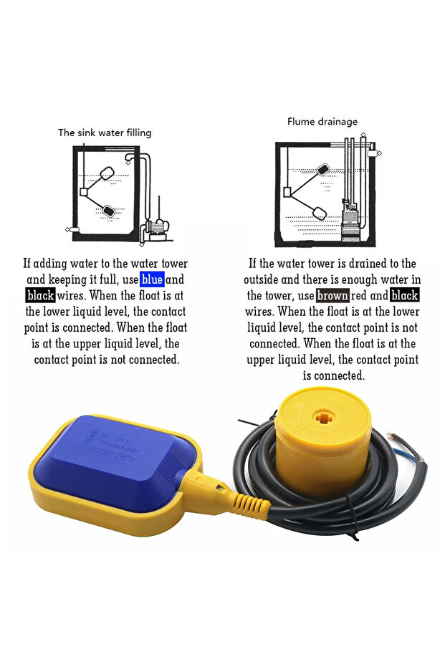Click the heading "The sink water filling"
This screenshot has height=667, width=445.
pyautogui.click(x=105, y=133)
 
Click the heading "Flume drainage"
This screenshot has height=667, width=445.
pyautogui.click(x=322, y=122)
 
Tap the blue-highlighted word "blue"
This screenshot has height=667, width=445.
pyautogui.click(x=152, y=279)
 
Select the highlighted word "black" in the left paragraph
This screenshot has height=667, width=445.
pyautogui.click(x=40, y=295)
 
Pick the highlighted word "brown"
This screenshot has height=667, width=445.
pyautogui.click(x=332, y=295)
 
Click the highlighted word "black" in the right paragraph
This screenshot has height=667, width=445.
pyautogui.click(x=405, y=295)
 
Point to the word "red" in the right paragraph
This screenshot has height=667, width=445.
pyautogui.click(x=358, y=295)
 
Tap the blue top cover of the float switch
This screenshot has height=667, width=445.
pyautogui.click(x=115, y=462)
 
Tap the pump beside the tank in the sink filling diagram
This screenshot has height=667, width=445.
pyautogui.click(x=157, y=230)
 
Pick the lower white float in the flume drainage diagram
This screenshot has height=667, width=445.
pyautogui.click(x=320, y=212)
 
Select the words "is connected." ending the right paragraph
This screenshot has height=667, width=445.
pyautogui.click(x=333, y=375)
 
